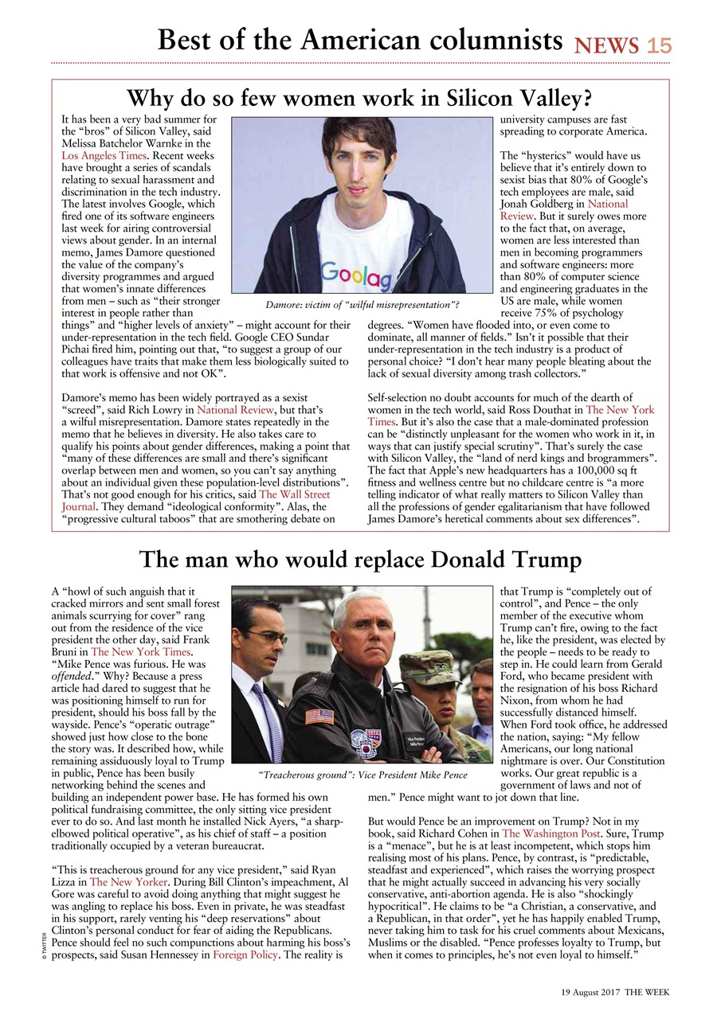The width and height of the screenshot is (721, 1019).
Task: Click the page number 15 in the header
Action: point(659,46)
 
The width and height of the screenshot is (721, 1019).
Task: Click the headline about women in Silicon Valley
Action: point(360,99)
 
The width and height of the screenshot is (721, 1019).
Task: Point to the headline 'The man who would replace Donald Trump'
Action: point(360,560)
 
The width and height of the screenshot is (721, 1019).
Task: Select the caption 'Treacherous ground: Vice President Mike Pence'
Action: point(362,774)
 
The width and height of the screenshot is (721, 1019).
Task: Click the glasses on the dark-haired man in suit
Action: point(267,638)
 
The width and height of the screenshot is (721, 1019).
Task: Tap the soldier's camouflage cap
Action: point(428,667)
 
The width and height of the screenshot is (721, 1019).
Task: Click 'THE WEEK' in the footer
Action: point(646,992)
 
